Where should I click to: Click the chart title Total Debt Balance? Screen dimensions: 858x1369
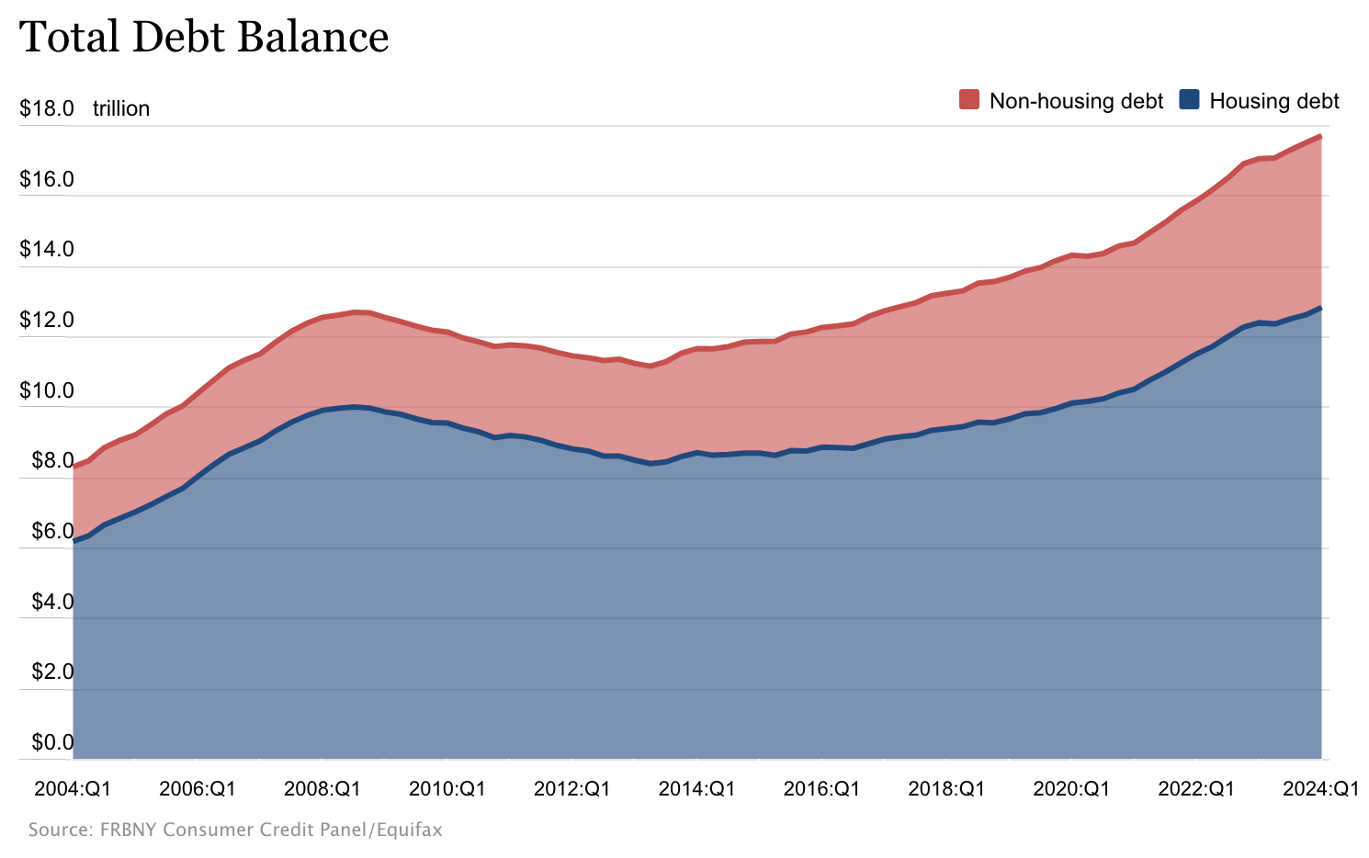coord(204,38)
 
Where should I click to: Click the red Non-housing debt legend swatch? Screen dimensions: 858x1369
coord(968,100)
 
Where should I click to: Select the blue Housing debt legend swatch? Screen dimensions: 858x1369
coord(1189,100)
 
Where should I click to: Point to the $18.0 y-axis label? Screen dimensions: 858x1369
coord(47,108)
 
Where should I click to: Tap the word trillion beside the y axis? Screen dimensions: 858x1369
coord(120,108)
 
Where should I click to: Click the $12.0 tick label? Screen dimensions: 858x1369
coord(47,321)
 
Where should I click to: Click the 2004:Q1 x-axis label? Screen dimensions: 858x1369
coord(73,788)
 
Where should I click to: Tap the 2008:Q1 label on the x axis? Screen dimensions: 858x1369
coord(322,788)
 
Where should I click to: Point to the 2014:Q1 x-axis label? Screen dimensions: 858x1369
coord(696,788)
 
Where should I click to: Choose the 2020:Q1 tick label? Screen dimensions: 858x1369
coord(1071,788)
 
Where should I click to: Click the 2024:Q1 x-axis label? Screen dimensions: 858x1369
coord(1320,788)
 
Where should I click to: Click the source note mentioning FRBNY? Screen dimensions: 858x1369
coord(235,830)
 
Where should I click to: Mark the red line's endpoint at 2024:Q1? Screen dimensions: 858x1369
coord(1320,137)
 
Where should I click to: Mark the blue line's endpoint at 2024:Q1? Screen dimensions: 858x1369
coord(1320,308)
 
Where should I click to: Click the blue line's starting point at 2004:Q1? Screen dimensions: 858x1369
coord(74,541)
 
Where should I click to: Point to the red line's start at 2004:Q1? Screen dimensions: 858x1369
coord(74,466)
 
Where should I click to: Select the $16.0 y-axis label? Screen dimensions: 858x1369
coord(47,179)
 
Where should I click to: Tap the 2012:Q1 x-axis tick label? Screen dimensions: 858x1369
coord(571,788)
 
